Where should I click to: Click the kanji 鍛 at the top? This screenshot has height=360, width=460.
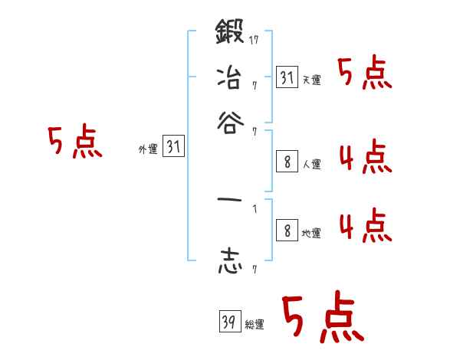coord(229,34)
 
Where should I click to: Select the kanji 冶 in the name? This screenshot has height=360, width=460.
coord(229,79)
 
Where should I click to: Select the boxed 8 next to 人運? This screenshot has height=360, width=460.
coord(287,162)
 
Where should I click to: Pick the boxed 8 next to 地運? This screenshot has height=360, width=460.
coord(287,231)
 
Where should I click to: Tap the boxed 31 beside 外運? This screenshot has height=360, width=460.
coord(173,148)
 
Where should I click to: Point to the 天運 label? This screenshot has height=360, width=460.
coord(311,80)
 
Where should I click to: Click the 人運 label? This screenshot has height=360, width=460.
coord(311,164)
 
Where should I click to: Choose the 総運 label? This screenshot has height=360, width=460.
coord(255,324)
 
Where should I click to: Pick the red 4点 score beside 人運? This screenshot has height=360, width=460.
coord(364,159)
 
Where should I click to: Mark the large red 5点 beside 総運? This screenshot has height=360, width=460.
coord(323,316)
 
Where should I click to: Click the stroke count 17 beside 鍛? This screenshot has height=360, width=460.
coord(254,39)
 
